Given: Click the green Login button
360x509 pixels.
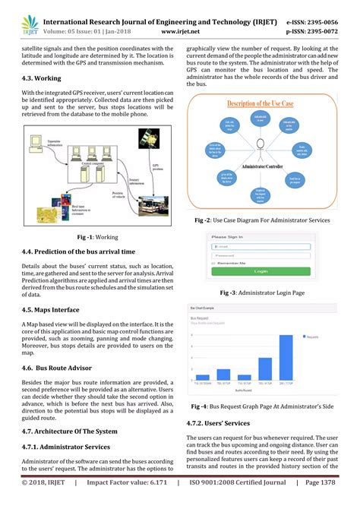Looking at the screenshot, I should tap(260, 271).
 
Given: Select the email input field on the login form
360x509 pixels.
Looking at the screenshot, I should tap(260, 246).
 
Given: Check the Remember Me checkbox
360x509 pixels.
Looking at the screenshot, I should tap(214, 264).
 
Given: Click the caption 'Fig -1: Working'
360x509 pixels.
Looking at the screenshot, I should tap(92, 237).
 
